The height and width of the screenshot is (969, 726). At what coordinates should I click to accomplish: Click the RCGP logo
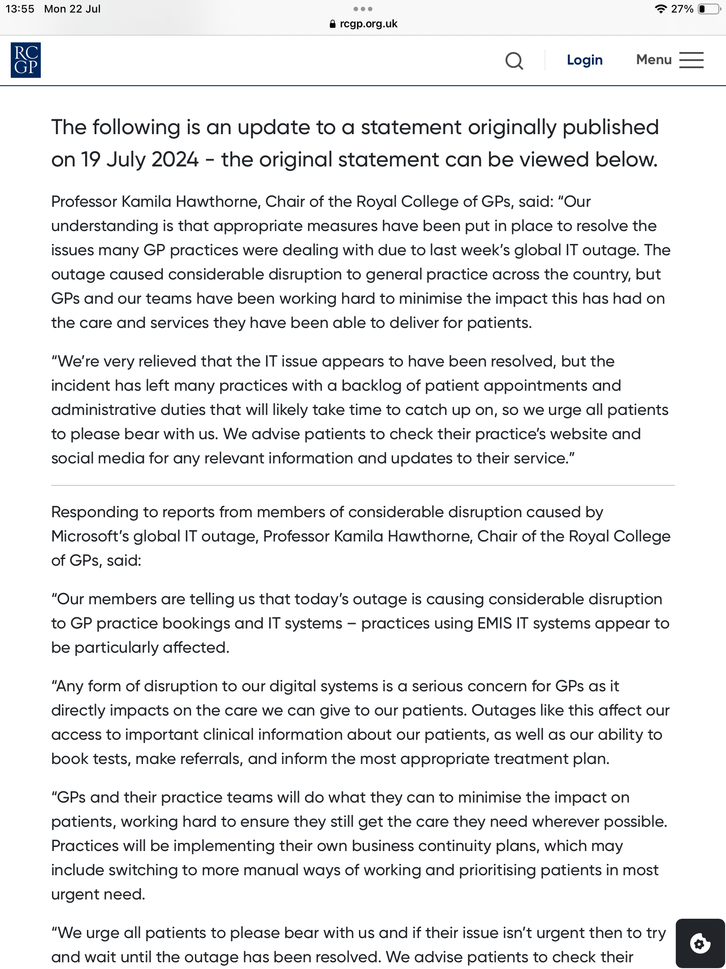click(26, 60)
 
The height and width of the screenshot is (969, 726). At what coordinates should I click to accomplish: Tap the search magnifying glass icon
click(514, 61)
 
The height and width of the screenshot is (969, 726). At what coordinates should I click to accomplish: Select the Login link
click(584, 60)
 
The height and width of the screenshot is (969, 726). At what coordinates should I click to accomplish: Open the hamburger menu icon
click(691, 60)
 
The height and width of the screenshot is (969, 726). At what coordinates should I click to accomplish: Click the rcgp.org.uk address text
click(368, 24)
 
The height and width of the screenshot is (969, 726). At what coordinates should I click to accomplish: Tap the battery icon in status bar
click(709, 9)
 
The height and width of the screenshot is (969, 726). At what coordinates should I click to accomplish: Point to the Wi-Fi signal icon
click(660, 9)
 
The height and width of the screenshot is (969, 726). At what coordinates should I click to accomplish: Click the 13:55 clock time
click(20, 9)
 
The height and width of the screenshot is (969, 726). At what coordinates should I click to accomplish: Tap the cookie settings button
click(700, 943)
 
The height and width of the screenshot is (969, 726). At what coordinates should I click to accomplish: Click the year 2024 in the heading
click(175, 160)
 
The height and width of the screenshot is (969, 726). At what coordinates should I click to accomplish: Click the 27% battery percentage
click(682, 9)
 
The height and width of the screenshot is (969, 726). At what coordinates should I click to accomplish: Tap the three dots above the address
click(363, 9)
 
